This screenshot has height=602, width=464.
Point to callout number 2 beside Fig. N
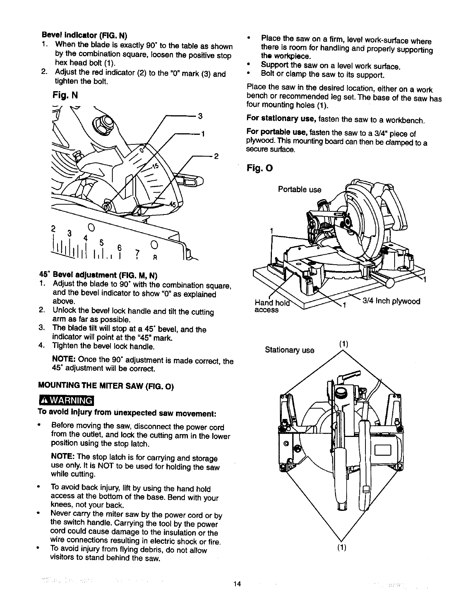[x=216, y=156]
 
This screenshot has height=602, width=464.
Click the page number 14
[x=237, y=584]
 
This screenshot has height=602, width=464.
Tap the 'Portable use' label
[x=299, y=190]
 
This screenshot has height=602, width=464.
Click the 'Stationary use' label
[x=290, y=350]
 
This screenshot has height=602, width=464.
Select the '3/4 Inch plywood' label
[x=391, y=301]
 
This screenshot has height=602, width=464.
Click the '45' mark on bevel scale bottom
[x=173, y=204]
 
